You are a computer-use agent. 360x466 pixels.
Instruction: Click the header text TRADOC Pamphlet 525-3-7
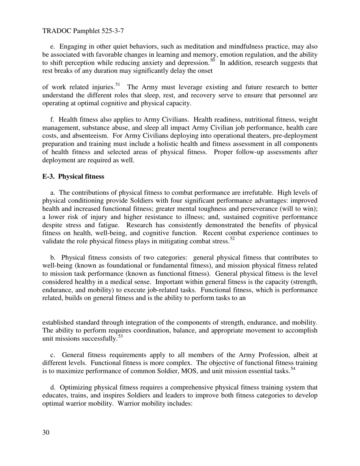pyautogui.click(x=77, y=31)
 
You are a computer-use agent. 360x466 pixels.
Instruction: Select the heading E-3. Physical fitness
pyautogui.click(x=73, y=177)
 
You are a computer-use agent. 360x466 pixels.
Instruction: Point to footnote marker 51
pyautogui.click(x=117, y=85)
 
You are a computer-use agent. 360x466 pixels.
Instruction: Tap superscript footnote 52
pyautogui.click(x=232, y=238)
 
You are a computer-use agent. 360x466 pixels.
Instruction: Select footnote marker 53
pyautogui.click(x=121, y=336)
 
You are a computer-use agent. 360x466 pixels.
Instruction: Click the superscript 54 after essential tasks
pyautogui.click(x=293, y=368)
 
